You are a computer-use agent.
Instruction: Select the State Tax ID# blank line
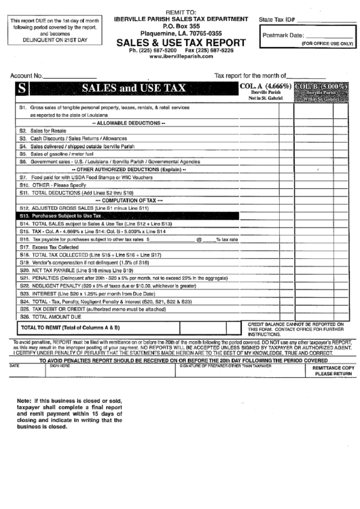pyautogui.click(x=329, y=21)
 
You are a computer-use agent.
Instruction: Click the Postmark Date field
pyautogui.click(x=329, y=34)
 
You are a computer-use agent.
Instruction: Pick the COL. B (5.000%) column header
pyautogui.click(x=322, y=87)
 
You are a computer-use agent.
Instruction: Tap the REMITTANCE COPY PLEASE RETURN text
pyautogui.click(x=333, y=370)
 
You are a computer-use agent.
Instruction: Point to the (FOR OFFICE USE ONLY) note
pyautogui.click(x=327, y=43)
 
